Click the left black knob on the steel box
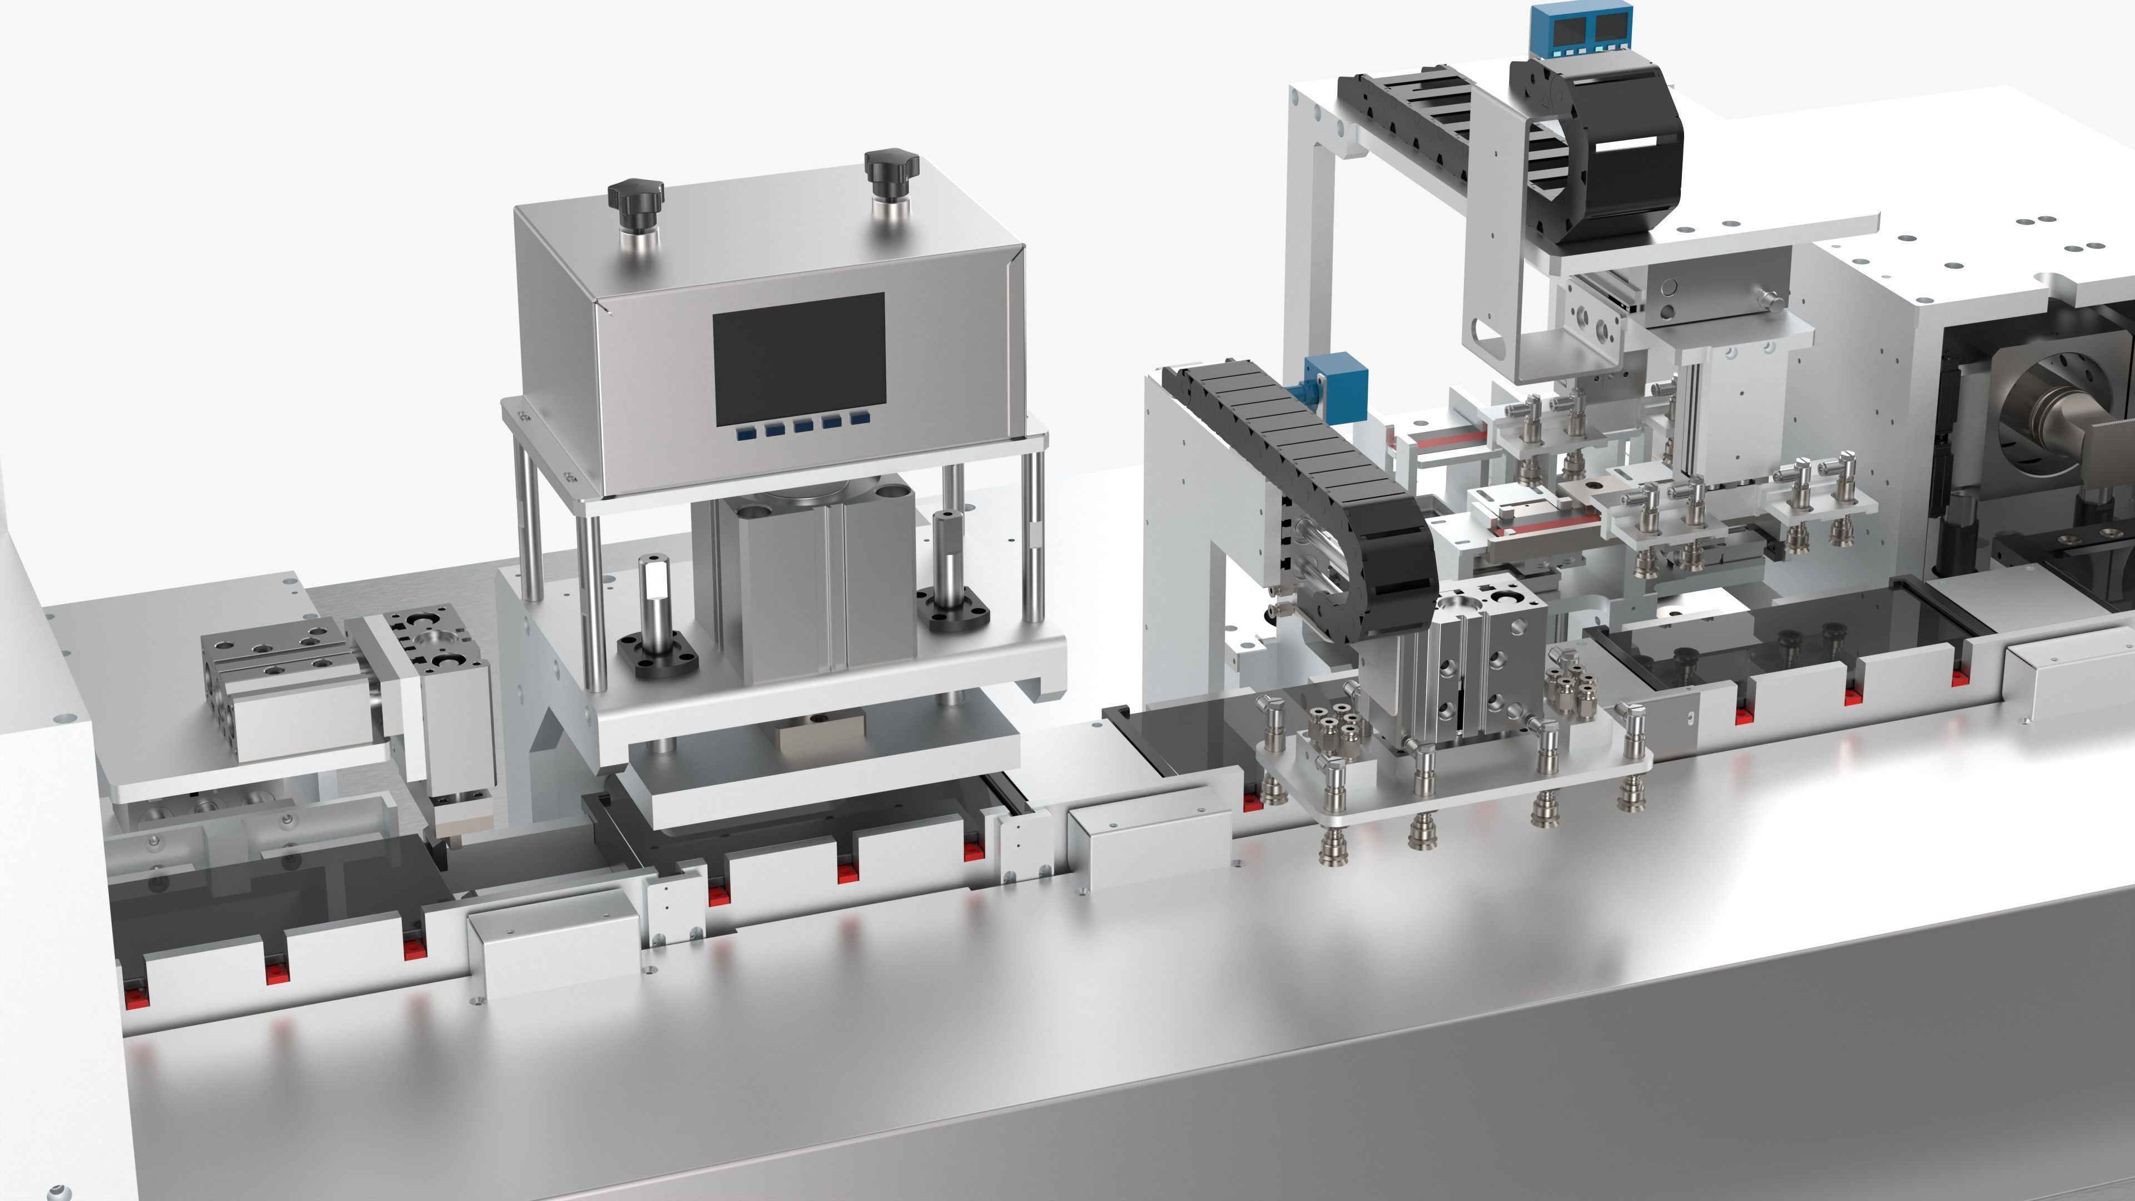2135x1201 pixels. pyautogui.click(x=635, y=196)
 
